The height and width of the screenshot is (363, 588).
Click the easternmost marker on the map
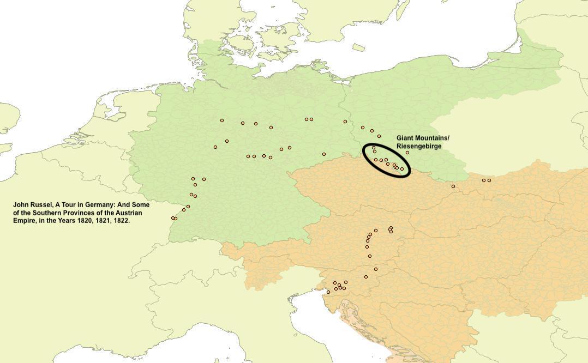[x=489, y=180]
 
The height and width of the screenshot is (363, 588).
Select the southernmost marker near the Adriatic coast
[x=328, y=292]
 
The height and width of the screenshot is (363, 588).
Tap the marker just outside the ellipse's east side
[x=407, y=153]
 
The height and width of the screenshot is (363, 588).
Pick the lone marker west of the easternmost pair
[x=453, y=186]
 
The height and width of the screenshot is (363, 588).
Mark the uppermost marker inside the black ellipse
[x=374, y=148]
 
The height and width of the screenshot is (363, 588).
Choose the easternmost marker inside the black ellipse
[x=402, y=169]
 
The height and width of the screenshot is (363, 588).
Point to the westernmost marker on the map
[x=173, y=218]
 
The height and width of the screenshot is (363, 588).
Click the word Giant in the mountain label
[x=406, y=138]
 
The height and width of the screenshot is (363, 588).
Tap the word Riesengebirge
[x=419, y=147]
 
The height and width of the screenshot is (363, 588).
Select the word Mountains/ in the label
[x=433, y=138]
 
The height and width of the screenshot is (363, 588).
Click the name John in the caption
[x=21, y=205]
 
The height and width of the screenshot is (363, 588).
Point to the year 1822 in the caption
[x=122, y=221]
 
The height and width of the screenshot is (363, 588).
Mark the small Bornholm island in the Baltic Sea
[x=358, y=48]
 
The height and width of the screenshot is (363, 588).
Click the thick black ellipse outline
[x=364, y=158]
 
